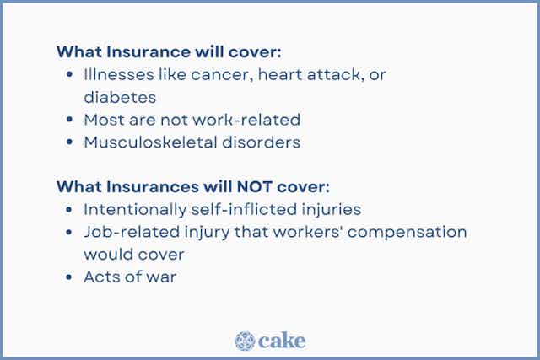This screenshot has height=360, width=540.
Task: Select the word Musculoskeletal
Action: tap(145, 142)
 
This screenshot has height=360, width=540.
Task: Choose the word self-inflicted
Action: tap(248, 208)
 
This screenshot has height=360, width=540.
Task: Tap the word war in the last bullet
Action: tap(160, 276)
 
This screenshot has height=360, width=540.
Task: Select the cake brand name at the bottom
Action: tap(283, 341)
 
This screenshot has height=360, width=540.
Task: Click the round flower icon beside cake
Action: tap(245, 341)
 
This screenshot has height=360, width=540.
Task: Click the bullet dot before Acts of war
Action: tap(68, 277)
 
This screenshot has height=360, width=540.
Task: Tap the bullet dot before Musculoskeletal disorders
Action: tap(68, 142)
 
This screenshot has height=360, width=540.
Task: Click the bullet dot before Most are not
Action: tap(68, 120)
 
